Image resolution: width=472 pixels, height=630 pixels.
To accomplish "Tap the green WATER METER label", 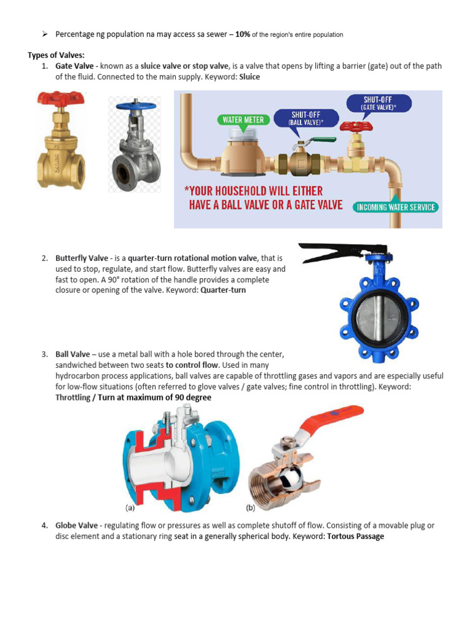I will (x=241, y=119).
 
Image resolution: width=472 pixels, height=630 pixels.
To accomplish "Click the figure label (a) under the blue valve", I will (x=130, y=508).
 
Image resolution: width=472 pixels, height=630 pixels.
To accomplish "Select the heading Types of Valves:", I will (x=56, y=55).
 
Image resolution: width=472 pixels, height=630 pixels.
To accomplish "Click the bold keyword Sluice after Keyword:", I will (x=249, y=77).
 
